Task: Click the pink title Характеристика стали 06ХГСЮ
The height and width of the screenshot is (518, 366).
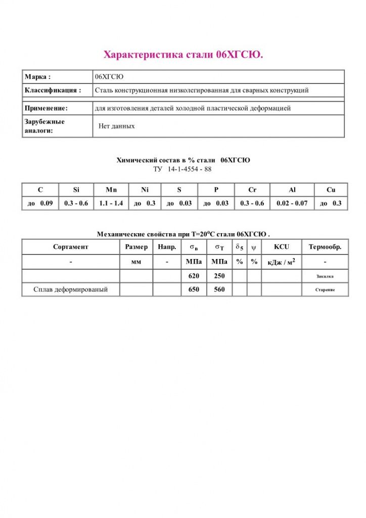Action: point(183,55)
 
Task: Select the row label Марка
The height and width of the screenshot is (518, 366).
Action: point(38,77)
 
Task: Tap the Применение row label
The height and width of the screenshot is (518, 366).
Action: point(46,108)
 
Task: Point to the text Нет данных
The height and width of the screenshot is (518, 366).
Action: point(116,126)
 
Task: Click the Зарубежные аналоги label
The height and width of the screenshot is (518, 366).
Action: point(44,126)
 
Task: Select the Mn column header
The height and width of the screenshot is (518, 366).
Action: point(111,190)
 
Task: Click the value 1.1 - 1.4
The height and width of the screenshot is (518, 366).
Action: point(111,203)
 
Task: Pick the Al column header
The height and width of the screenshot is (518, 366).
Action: point(292,190)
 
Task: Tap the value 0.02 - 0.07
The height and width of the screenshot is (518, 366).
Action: point(292,203)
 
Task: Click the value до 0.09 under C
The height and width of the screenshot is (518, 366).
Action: point(40,203)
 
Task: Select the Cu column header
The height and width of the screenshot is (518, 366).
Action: point(331,190)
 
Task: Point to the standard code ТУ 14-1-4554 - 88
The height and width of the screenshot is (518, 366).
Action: point(182,169)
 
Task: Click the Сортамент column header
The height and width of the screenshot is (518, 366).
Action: point(71,247)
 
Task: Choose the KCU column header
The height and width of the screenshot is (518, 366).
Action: point(281,247)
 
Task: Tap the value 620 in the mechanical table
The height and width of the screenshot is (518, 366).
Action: point(194,276)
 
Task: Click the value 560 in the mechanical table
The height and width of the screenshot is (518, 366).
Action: point(219,290)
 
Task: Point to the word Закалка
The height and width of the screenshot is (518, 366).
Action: point(325,277)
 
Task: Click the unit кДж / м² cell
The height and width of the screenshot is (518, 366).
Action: point(281,262)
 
